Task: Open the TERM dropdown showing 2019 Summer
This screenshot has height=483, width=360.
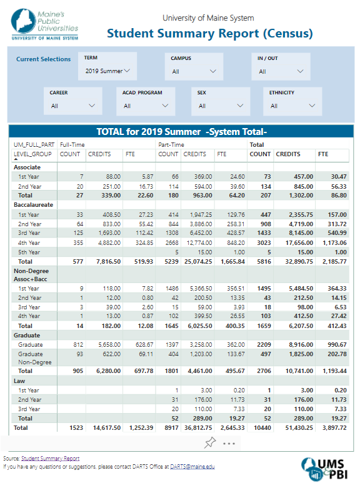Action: point(107,71)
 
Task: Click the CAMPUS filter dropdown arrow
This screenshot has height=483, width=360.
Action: point(213,71)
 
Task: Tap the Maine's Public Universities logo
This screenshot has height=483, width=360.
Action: point(45,24)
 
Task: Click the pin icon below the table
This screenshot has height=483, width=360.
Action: point(210,442)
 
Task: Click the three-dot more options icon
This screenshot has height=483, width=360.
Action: point(229,444)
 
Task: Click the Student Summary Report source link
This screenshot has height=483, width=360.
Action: point(50,459)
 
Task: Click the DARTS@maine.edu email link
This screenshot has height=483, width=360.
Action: point(192,466)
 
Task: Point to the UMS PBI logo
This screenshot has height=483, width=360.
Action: point(323,469)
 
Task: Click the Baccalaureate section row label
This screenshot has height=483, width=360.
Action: point(33,205)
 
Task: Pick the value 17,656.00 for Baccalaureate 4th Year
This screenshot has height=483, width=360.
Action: point(299,242)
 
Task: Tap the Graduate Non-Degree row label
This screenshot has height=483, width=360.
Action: point(34,358)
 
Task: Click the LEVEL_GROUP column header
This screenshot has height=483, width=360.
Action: point(32,154)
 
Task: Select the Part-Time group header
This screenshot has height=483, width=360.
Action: point(171,145)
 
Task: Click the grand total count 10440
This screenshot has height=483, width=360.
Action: point(262,427)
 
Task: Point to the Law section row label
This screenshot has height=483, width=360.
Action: point(19,381)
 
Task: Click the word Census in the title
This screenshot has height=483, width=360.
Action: point(288,33)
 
